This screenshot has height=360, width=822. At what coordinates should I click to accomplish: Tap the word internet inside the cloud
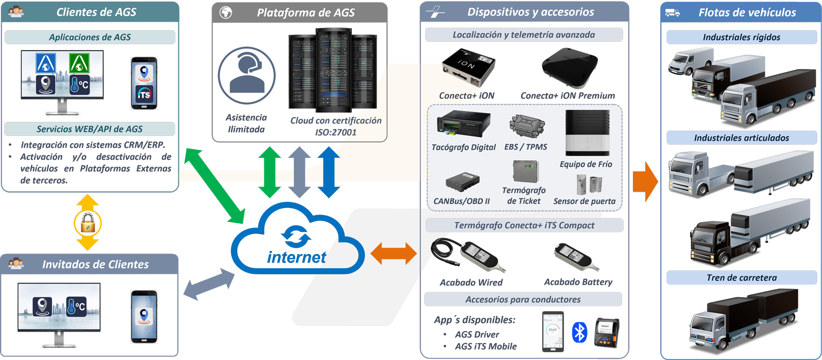[x=296, y=257]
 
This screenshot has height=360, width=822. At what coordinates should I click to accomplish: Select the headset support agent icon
[x=247, y=75]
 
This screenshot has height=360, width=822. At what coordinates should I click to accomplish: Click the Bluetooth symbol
[x=579, y=332]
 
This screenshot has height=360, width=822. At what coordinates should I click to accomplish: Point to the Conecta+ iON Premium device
[x=570, y=67]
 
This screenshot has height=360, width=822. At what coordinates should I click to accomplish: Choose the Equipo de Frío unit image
[x=588, y=133]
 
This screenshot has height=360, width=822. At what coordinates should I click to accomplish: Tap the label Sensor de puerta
[x=584, y=201]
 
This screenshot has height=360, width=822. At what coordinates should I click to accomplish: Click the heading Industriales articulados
[x=741, y=138]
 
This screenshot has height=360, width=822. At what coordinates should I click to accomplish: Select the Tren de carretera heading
[x=741, y=278]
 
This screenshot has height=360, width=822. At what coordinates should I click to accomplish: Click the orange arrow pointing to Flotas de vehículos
[x=645, y=182]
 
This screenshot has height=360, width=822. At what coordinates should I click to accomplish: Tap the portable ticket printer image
[x=607, y=332]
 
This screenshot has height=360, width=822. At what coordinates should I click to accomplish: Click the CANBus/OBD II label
[x=462, y=201]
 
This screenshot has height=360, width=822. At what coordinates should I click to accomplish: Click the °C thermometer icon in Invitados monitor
[x=77, y=306]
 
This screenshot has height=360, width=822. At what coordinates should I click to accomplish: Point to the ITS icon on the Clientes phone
[x=144, y=94]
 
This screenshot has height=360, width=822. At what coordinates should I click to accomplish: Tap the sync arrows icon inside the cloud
[x=296, y=236]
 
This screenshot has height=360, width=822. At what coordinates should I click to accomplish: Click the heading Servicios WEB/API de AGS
[x=90, y=129]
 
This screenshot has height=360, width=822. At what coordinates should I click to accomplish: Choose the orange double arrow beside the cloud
[x=394, y=253]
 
